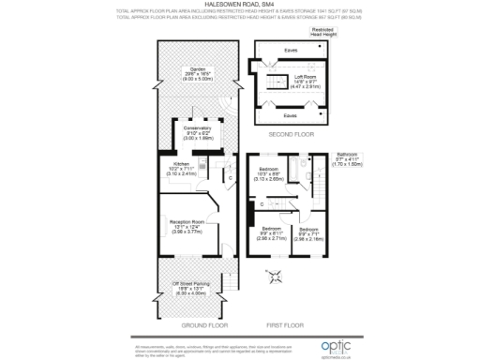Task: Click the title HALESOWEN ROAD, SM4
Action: tap(239, 4)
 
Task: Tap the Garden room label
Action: tap(196, 74)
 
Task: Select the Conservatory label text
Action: tap(197, 131)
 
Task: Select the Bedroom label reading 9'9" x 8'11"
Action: tap(273, 234)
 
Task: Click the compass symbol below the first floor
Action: tap(276, 277)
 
